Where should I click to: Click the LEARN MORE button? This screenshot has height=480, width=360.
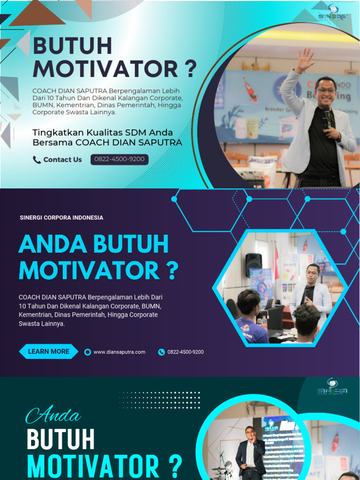tap(48, 351)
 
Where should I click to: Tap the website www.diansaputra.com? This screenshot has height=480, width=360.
tap(119, 352)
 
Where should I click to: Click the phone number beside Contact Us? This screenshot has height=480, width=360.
tap(119, 159)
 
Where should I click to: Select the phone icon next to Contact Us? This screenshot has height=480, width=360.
tap(37, 160)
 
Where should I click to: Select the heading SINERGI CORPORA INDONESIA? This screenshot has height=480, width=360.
tap(61, 217)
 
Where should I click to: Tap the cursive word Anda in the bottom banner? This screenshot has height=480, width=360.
tap(53, 415)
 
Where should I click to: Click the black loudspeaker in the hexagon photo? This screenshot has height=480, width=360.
tap(254, 265)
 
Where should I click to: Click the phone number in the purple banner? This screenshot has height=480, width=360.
tap(185, 352)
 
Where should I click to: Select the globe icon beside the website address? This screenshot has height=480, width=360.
tap(87, 352)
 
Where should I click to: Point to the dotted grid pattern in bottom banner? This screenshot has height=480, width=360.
tap(159, 400)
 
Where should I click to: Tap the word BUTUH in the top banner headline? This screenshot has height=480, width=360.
tap(72, 46)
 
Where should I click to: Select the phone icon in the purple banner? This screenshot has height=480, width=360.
tap(161, 352)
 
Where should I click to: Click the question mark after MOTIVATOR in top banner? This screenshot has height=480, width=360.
tap(190, 69)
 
